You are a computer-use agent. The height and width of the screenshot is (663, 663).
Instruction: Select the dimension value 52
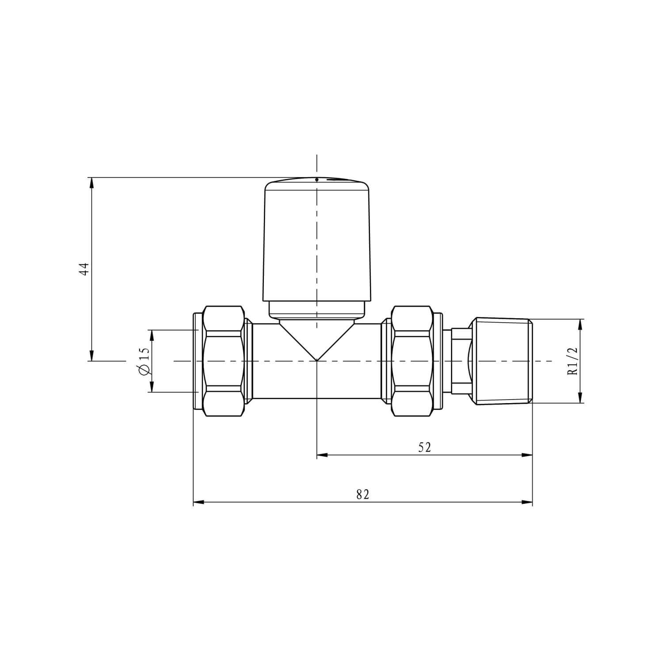(x=424, y=447)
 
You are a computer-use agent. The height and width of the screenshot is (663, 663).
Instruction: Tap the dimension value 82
(x=362, y=495)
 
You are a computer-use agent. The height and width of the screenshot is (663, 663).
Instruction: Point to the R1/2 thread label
(x=572, y=361)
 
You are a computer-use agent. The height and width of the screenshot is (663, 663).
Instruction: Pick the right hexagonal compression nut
(x=412, y=361)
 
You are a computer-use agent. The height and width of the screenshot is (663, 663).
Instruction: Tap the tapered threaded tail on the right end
(x=502, y=361)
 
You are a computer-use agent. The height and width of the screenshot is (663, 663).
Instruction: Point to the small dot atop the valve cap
(x=317, y=180)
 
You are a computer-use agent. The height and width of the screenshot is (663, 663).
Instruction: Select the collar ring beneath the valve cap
(x=316, y=309)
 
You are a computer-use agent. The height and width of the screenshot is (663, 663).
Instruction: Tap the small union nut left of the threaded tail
(x=460, y=361)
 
